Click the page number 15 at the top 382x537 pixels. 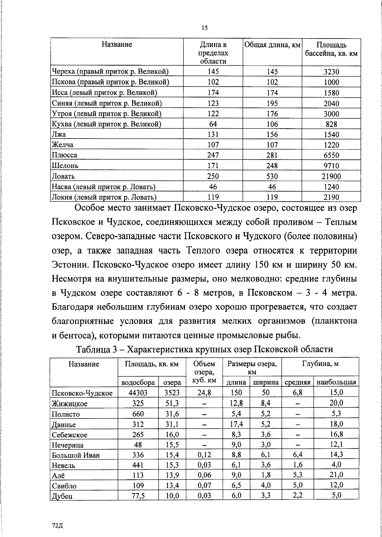(204, 28)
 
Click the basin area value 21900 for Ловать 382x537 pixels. (331, 176)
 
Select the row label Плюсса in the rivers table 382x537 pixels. (65, 155)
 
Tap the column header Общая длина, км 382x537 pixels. (272, 45)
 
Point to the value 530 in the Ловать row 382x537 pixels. (272, 176)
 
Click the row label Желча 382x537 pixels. (63, 145)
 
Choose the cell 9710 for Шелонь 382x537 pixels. (331, 166)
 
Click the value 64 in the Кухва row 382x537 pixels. (213, 124)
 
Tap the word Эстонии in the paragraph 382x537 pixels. (70, 265)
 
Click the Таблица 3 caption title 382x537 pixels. (204, 349)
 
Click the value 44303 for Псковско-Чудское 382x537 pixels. (138, 393)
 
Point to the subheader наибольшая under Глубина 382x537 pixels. (336, 382)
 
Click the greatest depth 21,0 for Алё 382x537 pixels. (336, 475)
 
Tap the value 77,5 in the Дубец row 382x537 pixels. (138, 496)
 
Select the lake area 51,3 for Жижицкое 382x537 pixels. (172, 404)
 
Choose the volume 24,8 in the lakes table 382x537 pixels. (204, 393)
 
